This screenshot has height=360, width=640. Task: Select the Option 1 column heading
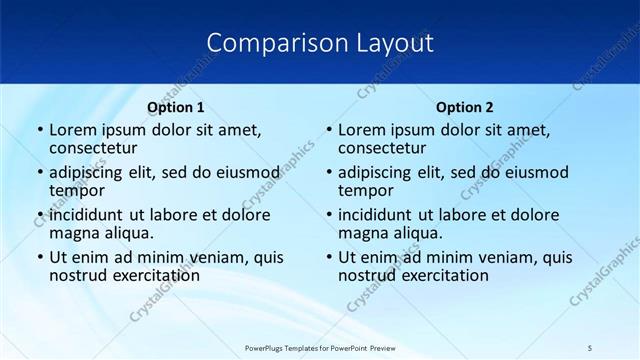coord(175,107)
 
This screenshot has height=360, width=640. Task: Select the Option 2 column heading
coord(464,107)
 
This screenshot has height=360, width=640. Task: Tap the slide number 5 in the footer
coord(590,347)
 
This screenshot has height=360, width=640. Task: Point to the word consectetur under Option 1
coord(92,148)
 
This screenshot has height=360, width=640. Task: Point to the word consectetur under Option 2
coord(381,148)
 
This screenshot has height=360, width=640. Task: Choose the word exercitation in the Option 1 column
coord(153,275)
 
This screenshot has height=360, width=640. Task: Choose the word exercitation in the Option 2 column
coord(442,275)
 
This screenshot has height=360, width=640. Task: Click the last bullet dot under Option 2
coord(329,257)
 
